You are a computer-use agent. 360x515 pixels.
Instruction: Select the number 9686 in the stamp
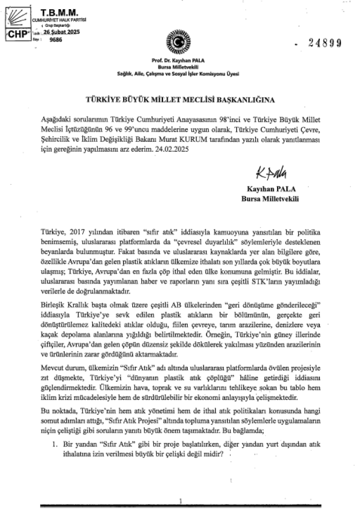(56, 40)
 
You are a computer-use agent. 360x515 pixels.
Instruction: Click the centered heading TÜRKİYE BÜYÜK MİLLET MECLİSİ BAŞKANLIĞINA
(180, 98)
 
